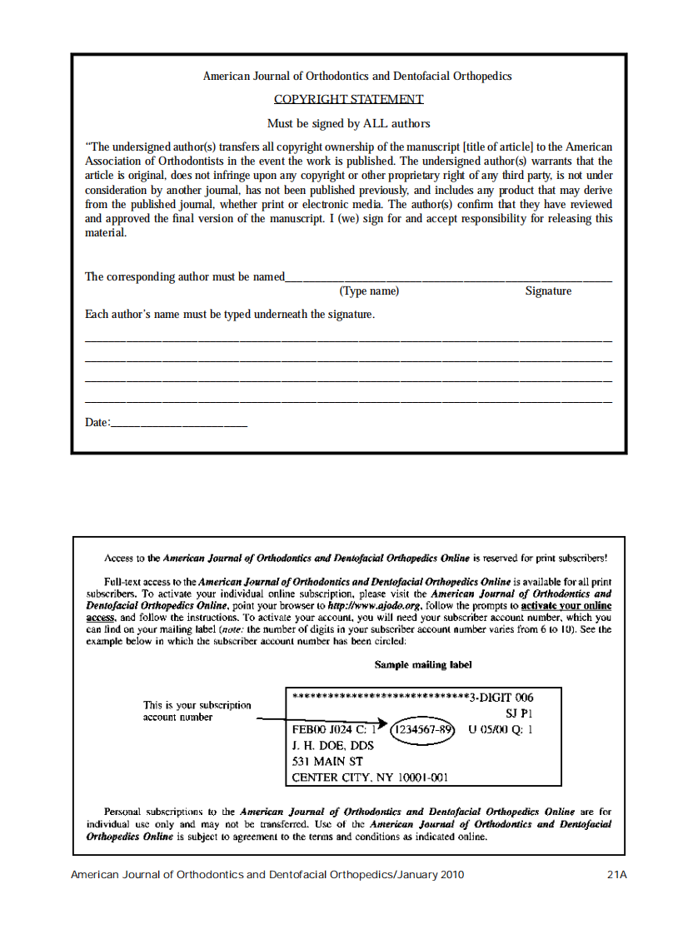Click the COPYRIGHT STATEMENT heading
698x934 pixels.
348,99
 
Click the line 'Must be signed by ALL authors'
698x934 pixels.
348,123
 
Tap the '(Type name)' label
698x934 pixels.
369,291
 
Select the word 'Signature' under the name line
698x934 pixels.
548,291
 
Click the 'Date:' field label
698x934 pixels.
97,422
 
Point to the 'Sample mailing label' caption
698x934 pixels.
423,665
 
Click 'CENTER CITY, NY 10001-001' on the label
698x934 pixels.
370,778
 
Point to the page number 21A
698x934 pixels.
616,875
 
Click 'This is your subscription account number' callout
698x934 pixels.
197,711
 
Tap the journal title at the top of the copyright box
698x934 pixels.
356,76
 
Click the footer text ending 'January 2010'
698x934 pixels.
267,875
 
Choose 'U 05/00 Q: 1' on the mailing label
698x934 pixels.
500,729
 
